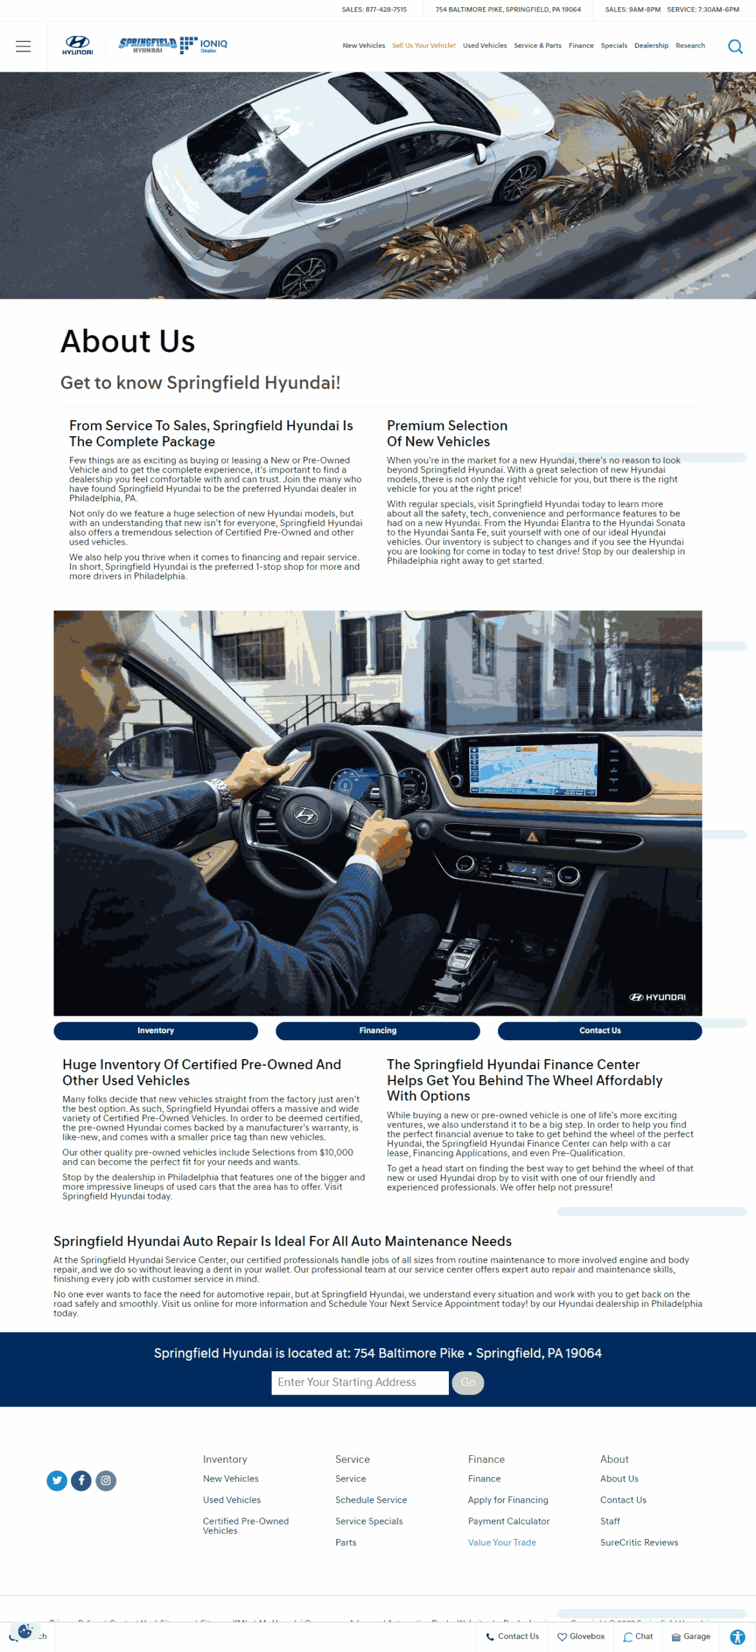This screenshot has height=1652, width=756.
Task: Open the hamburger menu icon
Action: coord(23,46)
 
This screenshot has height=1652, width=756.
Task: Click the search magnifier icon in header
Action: coord(735,46)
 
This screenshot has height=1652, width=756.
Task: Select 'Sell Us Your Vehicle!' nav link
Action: coord(423,46)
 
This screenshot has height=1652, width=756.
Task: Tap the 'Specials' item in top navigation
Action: coord(613,46)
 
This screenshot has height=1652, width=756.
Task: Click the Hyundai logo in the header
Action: coord(77,45)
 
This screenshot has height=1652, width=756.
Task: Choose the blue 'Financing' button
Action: coord(377,1031)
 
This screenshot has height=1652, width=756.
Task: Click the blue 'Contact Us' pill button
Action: coord(599,1031)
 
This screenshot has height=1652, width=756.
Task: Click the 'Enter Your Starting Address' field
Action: coord(359,1382)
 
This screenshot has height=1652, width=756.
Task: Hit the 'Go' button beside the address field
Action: coord(468,1382)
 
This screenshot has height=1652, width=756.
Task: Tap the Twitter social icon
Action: coord(57,1480)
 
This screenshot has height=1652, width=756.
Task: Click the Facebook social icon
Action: coord(81,1480)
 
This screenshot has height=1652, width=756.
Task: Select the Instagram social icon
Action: coord(106,1480)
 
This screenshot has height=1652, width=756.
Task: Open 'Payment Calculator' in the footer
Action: coord(508,1521)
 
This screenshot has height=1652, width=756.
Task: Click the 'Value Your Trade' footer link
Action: coord(502,1542)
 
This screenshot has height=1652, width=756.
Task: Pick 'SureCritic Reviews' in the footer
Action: coord(639,1542)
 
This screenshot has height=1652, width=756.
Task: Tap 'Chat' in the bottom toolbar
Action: coord(638,1637)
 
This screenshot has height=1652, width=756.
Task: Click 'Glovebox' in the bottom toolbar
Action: coord(581,1637)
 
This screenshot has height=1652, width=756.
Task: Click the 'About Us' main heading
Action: coord(128,341)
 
